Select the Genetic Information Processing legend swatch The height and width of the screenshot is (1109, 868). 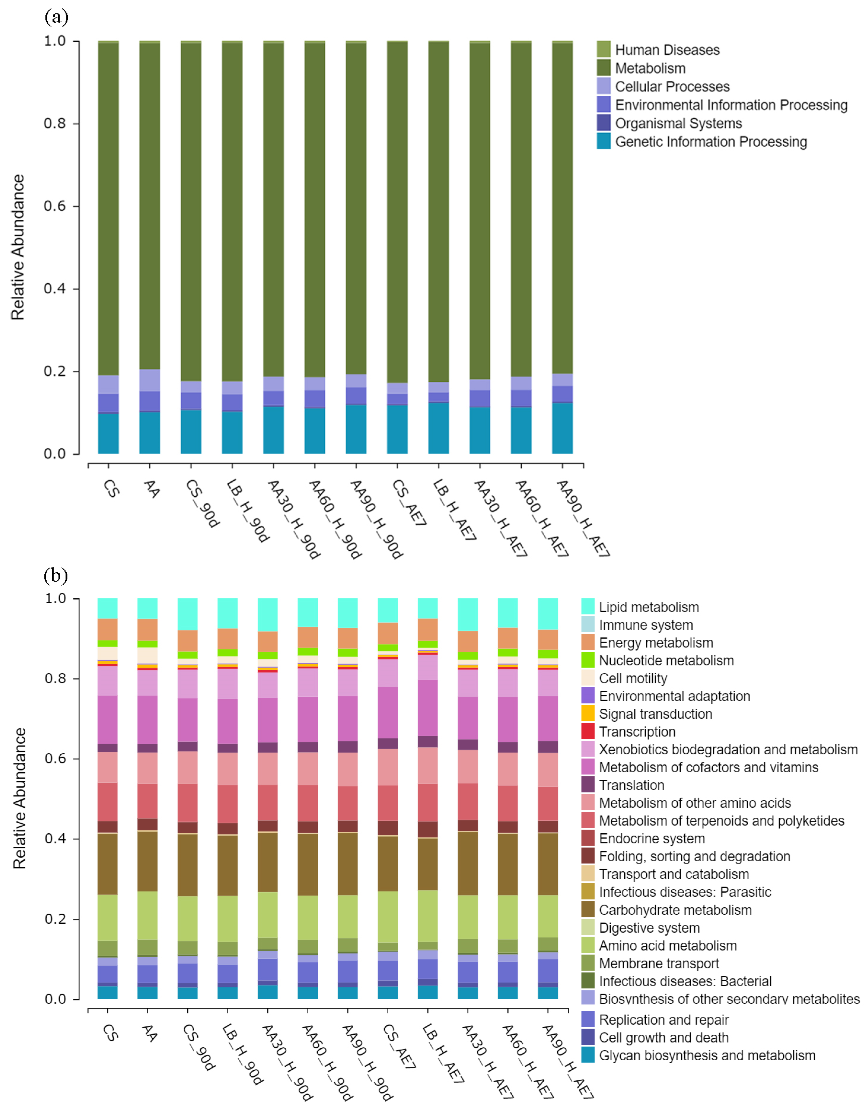coord(604,141)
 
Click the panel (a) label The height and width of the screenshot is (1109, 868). coord(56,17)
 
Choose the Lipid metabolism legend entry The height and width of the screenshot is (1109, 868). coord(648,607)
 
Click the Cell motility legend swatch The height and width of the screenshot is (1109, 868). coord(588,678)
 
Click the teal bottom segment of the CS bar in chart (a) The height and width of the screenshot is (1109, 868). coord(108,433)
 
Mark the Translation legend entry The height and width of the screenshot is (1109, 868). coord(631,785)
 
